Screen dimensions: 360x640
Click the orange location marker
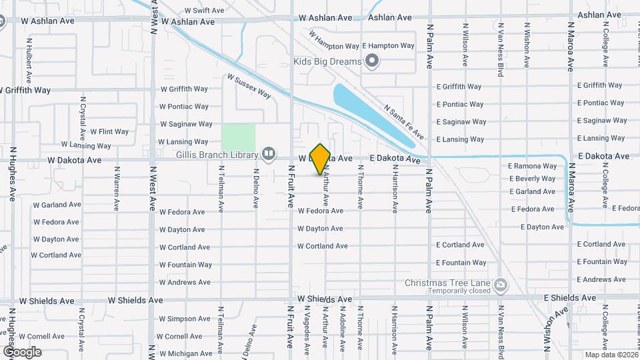tap(321, 159)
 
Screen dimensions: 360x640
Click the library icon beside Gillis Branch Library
tap(269, 155)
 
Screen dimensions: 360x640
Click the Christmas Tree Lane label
tap(447, 283)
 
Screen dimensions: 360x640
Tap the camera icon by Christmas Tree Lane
tap(499, 286)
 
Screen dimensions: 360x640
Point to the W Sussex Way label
tap(249, 86)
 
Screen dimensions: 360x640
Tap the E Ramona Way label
tap(532, 166)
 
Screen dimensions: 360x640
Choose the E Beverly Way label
tap(532, 179)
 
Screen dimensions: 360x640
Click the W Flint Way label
tap(109, 131)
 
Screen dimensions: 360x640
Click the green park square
tap(239, 137)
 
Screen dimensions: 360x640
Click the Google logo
tap(22, 351)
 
